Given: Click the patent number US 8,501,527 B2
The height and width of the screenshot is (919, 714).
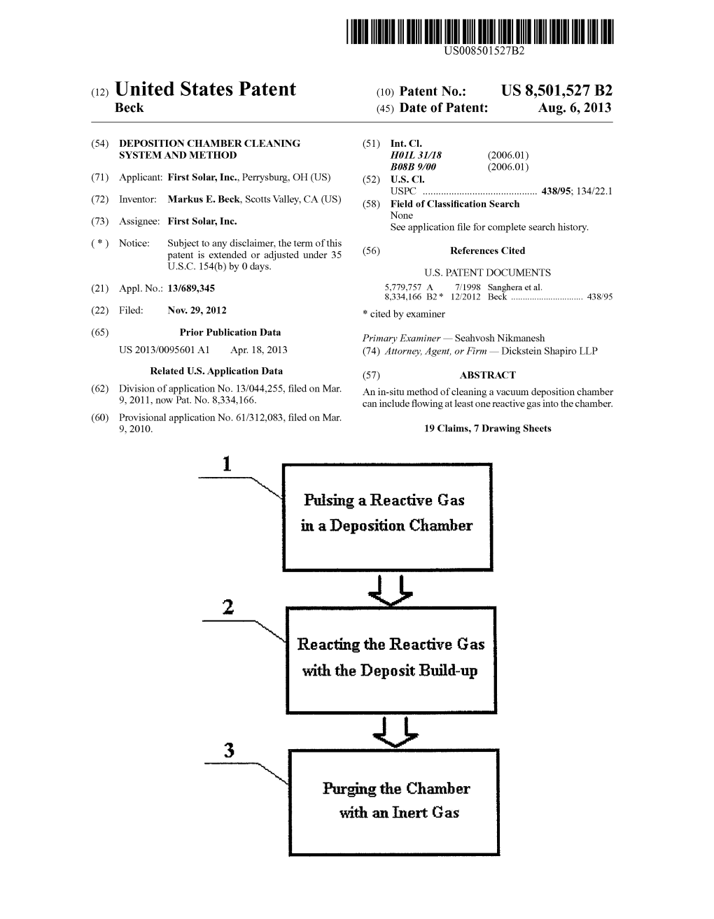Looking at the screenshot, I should point(556,91).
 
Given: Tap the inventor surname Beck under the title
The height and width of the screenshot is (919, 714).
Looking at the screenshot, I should point(129,108).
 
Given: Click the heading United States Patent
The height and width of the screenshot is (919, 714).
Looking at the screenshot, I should point(205,90).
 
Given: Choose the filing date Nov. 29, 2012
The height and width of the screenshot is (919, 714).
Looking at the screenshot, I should point(197,311).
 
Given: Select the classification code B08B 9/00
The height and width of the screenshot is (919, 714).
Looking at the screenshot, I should point(413,166).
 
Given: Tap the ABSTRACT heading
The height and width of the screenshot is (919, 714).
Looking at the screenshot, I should point(487,375).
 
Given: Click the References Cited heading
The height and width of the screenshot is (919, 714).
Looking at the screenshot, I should point(487,250).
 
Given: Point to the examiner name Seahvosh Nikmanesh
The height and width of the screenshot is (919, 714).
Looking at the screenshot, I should point(499,338).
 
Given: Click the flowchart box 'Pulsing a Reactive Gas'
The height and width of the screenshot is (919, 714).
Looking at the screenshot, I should point(386,515).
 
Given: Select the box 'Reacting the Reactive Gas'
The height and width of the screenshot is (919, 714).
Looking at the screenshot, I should point(391,660).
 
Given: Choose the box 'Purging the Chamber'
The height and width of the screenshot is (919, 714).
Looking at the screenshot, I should point(393,802).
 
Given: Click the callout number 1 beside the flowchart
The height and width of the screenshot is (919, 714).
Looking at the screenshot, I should point(226,464).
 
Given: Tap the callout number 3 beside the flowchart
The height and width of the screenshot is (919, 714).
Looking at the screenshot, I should point(229,751).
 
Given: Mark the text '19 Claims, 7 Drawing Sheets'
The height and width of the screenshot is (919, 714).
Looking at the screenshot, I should point(487,429).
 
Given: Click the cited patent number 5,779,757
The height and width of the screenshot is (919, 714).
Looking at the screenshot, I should point(403,287).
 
